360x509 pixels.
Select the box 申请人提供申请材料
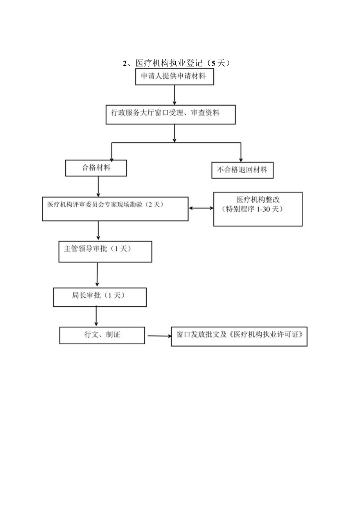click(175, 77)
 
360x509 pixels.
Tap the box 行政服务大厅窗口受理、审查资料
click(171, 114)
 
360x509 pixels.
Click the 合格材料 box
click(96, 168)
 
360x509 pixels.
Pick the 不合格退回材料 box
click(242, 170)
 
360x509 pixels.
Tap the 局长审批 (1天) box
click(99, 297)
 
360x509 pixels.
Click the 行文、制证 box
click(102, 335)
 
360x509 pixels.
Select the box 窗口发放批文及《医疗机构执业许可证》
click(239, 336)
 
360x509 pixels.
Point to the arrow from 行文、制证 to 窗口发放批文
click(158, 336)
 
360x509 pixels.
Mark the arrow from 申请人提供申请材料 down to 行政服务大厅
click(175, 94)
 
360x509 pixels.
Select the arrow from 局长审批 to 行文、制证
click(96, 315)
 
